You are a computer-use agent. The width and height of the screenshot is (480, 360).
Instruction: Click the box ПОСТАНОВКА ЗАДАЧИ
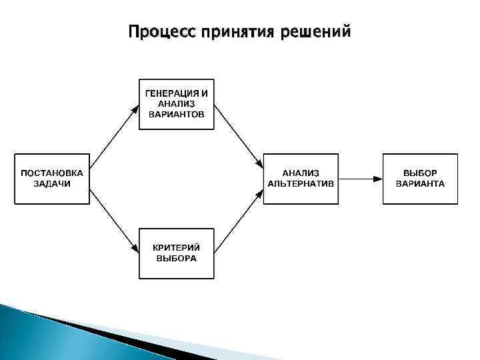tap(51, 179)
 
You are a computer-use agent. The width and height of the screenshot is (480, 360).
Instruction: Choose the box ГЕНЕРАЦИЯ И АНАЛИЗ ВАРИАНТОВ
tap(176, 104)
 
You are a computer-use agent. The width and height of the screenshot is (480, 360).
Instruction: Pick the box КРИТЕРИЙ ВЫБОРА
tap(176, 253)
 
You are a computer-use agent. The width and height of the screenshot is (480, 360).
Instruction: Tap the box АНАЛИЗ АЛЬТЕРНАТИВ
tap(301, 179)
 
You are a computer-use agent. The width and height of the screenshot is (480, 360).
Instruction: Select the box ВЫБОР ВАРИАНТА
tap(420, 179)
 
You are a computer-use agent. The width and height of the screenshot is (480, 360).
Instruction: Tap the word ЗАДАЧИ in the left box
tap(51, 183)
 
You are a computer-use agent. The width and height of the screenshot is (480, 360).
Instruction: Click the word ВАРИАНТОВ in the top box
tap(177, 114)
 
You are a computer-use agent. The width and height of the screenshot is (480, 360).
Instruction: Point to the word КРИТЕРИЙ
tap(177, 248)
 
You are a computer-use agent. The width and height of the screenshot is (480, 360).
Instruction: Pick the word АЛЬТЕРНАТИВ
tap(301, 183)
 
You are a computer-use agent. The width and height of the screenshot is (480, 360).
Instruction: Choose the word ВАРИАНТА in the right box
tap(420, 183)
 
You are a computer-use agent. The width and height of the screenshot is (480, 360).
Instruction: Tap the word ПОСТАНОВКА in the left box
tap(51, 173)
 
